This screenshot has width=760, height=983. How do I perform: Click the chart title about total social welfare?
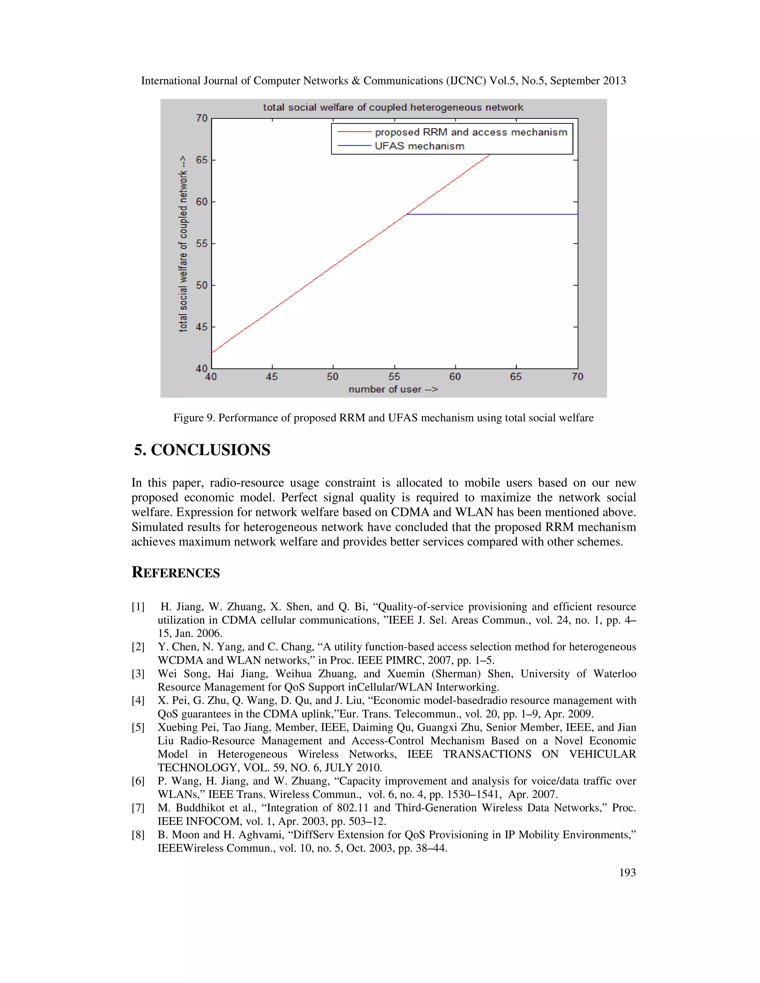coord(393,108)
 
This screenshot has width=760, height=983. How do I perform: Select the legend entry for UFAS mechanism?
coord(419,146)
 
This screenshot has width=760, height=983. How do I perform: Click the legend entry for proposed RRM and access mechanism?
coord(471,132)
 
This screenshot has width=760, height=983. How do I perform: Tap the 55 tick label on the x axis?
coord(394,377)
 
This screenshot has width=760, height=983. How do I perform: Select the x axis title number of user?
coord(393,389)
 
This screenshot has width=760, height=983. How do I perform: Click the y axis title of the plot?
coord(183,244)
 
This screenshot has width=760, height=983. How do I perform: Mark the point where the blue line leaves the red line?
coord(407,215)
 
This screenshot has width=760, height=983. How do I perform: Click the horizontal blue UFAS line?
coord(495,215)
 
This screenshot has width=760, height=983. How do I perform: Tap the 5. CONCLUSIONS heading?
coord(202,450)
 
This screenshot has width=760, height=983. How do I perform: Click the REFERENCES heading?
coord(176,572)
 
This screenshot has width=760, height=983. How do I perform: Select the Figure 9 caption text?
coord(383,418)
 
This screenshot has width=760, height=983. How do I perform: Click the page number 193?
coord(627,872)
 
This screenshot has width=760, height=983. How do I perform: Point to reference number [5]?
coord(138,727)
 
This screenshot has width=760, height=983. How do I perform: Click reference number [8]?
coord(138,835)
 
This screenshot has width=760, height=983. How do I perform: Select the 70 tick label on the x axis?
coord(577,377)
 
